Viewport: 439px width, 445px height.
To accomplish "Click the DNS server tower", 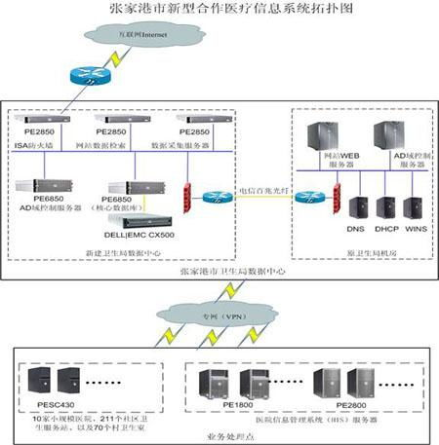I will click(x=355, y=207).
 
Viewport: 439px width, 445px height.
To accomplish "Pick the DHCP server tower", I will click(x=385, y=207).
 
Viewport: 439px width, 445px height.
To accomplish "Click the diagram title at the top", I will click(x=219, y=10).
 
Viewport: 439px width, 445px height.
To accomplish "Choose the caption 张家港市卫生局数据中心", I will click(x=219, y=274).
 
